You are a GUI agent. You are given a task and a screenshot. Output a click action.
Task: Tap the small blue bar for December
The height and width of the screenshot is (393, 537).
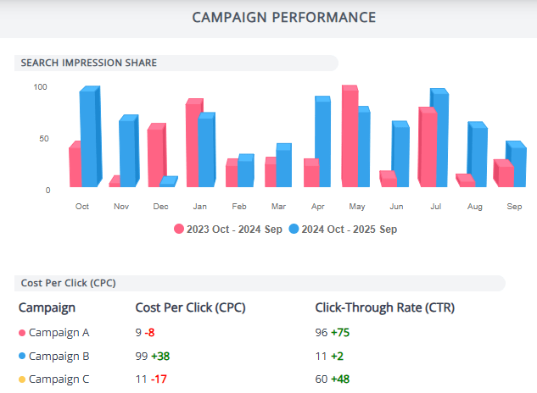pos(168,181)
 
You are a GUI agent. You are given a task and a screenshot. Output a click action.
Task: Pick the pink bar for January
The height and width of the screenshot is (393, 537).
pos(193,142)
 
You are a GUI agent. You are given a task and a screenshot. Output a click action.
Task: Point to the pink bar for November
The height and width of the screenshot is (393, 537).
pos(115,181)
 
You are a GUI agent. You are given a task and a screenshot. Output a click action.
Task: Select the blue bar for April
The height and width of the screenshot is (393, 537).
pos(322,142)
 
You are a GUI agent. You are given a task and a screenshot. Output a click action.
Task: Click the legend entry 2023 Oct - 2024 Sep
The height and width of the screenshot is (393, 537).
pos(222,229)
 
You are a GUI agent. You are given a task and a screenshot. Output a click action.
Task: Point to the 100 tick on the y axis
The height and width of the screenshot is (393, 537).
pos(41,87)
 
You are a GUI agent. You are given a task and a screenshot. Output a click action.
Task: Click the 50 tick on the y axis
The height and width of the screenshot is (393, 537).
pos(43,138)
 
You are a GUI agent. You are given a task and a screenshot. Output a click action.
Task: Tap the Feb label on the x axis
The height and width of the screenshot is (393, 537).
pos(239,206)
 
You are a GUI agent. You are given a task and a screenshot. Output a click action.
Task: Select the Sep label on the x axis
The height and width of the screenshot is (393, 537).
pos(514,206)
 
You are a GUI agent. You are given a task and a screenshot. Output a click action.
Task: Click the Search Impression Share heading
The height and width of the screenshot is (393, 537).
pos(89,63)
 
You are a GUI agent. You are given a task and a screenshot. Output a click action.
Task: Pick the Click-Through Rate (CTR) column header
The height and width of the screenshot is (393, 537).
pos(384,307)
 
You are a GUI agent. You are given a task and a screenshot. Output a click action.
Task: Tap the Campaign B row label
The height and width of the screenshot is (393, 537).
pos(59,356)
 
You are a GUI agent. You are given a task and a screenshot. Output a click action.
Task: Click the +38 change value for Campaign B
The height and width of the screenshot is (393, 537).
pos(161,356)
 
